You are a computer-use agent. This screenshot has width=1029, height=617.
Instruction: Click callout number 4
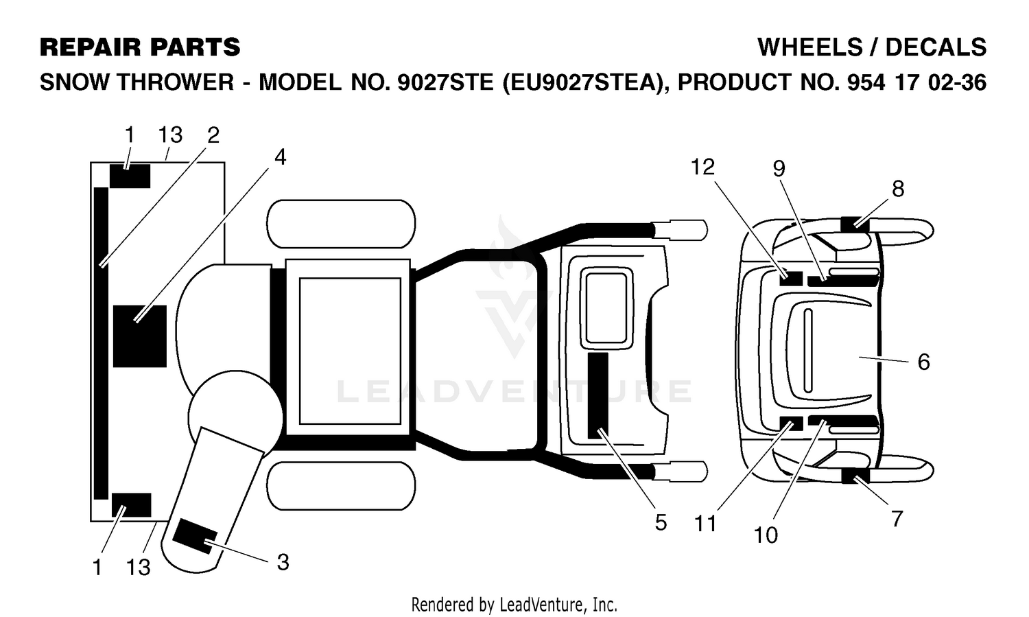[280, 158]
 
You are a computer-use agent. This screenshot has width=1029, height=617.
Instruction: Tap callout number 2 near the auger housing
[213, 135]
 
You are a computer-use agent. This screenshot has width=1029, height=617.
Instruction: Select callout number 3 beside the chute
[283, 562]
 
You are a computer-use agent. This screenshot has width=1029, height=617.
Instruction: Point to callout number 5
[661, 522]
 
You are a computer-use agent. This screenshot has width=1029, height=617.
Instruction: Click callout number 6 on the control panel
[924, 362]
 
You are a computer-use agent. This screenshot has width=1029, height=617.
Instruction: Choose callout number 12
[703, 167]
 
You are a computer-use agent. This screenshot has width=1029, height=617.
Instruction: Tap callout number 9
[779, 169]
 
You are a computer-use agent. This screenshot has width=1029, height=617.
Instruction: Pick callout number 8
[898, 189]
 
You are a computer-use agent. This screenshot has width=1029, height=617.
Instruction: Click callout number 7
[897, 519]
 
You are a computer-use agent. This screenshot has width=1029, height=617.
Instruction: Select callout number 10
[766, 535]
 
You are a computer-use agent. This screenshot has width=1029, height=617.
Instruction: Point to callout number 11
[705, 524]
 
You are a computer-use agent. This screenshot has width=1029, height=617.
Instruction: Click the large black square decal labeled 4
[140, 336]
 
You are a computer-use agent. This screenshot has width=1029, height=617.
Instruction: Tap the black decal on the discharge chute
[194, 536]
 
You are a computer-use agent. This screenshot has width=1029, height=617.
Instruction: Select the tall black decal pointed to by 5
[598, 395]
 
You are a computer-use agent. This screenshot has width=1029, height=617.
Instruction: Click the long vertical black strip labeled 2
[101, 343]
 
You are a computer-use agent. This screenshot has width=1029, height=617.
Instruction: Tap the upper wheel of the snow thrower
[341, 224]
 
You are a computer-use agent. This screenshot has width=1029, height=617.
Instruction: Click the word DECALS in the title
[935, 47]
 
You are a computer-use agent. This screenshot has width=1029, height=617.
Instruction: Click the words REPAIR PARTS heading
[140, 47]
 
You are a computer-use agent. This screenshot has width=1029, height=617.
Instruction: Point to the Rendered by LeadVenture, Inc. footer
[514, 605]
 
